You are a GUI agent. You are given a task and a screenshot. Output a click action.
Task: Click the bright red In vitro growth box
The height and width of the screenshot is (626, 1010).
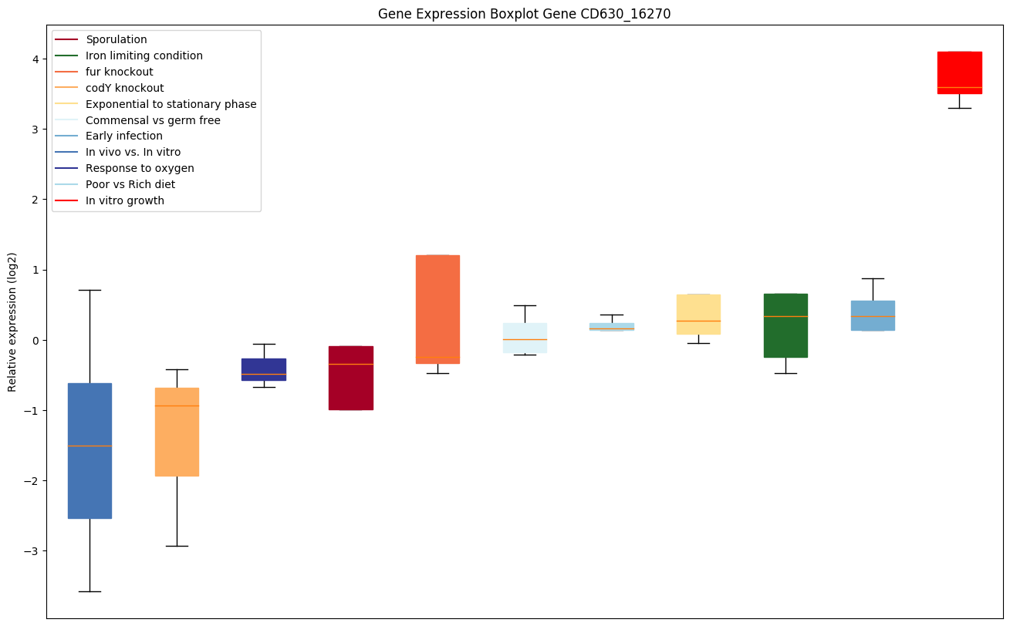click(x=959, y=72)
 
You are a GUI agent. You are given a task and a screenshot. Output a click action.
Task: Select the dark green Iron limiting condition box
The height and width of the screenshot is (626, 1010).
click(x=785, y=325)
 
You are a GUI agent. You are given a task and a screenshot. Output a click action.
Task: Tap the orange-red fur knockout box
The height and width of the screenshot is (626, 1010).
click(x=437, y=308)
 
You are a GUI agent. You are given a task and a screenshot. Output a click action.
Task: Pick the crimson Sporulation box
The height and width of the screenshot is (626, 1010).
click(x=350, y=378)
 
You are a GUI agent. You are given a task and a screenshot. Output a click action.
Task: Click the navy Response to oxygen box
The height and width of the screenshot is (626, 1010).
click(x=264, y=369)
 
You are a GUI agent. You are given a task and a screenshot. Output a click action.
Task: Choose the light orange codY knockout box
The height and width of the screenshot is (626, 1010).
click(x=177, y=432)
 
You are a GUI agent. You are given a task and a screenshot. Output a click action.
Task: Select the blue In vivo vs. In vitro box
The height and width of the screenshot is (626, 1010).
click(x=90, y=450)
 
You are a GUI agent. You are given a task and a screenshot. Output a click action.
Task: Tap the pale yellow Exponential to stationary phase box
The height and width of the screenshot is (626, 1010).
click(x=698, y=314)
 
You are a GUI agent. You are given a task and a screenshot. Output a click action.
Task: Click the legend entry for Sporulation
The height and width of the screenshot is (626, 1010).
click(x=117, y=39)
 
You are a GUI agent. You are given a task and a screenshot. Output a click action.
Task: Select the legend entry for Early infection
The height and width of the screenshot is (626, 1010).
click(x=124, y=136)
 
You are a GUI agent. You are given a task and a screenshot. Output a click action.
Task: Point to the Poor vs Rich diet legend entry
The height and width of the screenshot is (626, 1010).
click(x=130, y=185)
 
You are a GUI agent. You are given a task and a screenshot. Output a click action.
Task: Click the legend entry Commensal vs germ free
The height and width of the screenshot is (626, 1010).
click(x=153, y=120)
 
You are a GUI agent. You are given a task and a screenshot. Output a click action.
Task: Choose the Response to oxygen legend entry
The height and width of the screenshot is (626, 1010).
click(x=140, y=169)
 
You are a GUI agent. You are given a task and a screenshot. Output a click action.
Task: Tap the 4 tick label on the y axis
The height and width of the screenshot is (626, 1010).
click(x=35, y=59)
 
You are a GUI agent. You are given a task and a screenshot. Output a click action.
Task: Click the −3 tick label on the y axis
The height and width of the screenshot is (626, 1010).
click(x=32, y=551)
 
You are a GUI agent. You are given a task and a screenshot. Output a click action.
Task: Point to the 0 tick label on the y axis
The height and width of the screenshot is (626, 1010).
click(x=35, y=340)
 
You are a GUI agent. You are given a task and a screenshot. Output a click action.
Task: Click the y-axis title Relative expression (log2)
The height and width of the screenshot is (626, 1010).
click(x=12, y=321)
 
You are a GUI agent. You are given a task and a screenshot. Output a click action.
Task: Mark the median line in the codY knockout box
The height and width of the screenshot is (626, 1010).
click(x=177, y=406)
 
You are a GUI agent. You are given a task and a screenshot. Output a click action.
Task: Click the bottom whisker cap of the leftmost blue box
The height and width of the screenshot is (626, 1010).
click(x=90, y=591)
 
